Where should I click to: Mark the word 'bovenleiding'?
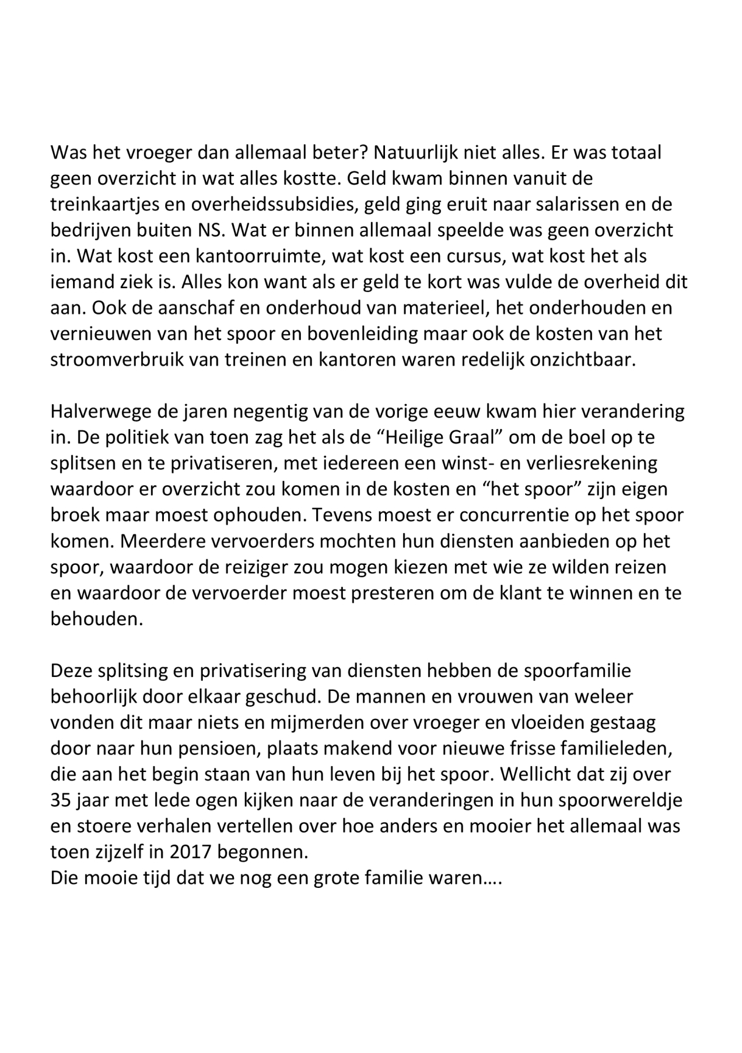(x=376, y=334)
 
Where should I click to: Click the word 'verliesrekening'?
(x=588, y=463)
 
